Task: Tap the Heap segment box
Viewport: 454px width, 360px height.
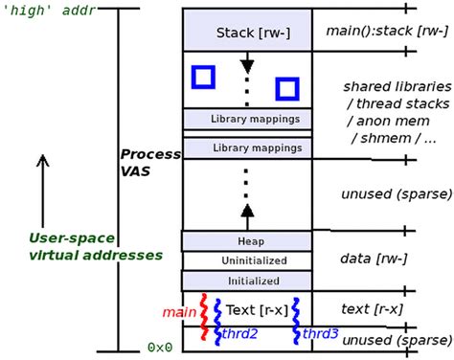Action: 246,241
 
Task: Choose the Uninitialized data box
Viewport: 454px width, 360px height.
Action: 246,260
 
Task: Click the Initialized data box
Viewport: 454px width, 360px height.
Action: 246,281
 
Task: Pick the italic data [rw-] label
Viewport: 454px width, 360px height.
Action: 374,259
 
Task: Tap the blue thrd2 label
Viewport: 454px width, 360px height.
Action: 238,334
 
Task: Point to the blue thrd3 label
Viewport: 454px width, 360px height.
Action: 319,333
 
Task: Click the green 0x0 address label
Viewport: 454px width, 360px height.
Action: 160,347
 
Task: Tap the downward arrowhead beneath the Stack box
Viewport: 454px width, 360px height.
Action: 247,66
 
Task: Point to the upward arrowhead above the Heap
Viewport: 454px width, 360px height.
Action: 247,210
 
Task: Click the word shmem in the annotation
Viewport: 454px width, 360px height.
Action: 375,138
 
